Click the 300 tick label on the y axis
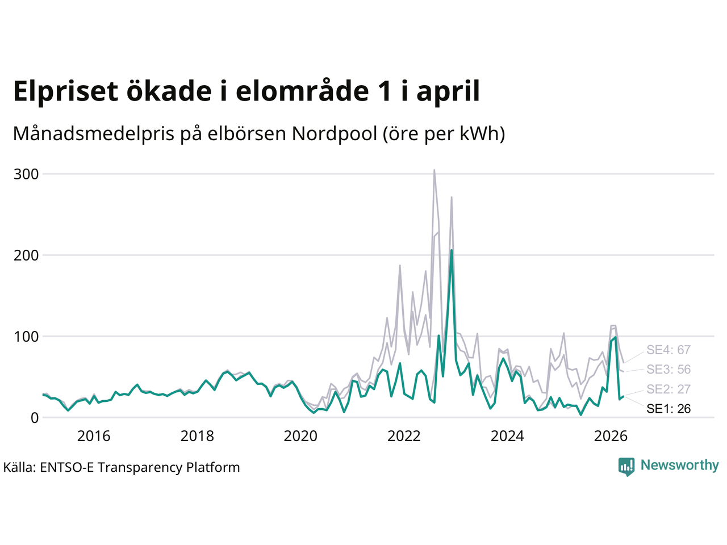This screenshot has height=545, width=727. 26,174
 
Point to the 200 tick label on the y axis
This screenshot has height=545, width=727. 26,255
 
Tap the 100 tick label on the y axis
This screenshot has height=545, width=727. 26,337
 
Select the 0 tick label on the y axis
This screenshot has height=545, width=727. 35,418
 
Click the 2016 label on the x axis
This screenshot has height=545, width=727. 94,436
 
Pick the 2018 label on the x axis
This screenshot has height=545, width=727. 197,436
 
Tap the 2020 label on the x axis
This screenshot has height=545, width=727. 300,436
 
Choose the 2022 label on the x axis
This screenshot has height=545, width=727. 404,436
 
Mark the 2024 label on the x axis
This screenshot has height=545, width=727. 507,436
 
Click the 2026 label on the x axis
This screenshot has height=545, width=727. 611,436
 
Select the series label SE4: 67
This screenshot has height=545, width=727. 668,350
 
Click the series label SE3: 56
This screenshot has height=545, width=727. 668,369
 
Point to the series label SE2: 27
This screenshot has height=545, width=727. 668,389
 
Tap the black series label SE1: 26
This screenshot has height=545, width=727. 668,409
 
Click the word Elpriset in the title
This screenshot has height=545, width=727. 65,91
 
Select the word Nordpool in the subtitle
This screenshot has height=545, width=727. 335,133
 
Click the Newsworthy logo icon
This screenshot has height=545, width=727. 626,467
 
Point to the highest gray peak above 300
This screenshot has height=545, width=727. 434,170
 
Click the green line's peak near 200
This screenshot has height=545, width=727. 452,250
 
